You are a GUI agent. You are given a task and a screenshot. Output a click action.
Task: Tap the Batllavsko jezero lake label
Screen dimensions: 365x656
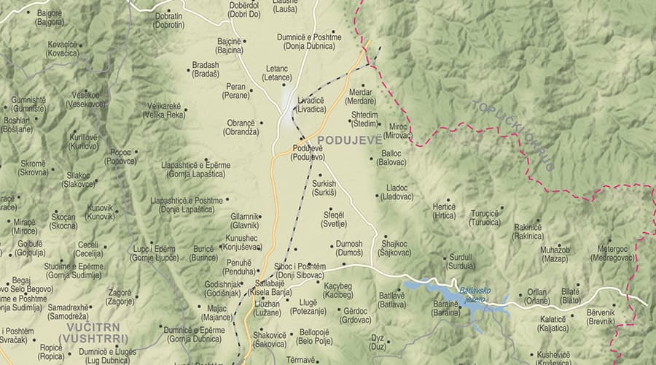tap(475, 294)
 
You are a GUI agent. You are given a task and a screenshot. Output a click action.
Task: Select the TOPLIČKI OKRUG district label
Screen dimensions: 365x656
tap(514, 135)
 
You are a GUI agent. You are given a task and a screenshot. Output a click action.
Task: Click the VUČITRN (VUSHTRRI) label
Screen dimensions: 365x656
tap(94, 334)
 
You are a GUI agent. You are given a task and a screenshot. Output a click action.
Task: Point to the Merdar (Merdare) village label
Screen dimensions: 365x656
tap(361, 96)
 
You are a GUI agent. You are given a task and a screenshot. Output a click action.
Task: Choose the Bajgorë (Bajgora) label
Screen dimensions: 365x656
tap(50, 18)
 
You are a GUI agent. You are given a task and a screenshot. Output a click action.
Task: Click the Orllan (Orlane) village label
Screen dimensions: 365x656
tap(536, 296)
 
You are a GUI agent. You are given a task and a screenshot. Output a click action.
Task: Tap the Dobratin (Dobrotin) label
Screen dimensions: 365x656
tap(168, 20)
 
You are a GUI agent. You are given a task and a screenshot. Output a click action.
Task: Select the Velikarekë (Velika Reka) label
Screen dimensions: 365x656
tap(165, 109)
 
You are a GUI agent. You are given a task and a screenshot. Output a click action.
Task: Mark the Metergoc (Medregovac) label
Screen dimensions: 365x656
tap(612, 253)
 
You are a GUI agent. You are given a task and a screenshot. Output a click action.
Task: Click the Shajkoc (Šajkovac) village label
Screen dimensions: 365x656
tap(394, 248)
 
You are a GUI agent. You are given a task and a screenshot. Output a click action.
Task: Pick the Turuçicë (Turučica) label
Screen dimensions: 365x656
tap(485, 218)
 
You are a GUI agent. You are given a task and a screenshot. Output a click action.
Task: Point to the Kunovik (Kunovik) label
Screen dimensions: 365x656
tap(100, 212)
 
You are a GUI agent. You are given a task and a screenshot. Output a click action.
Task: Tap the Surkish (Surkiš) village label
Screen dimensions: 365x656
tap(324, 188)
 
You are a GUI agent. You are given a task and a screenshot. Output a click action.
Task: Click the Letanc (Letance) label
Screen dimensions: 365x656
tap(276, 72)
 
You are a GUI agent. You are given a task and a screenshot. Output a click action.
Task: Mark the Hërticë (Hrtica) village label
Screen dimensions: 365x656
tap(444, 211)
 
